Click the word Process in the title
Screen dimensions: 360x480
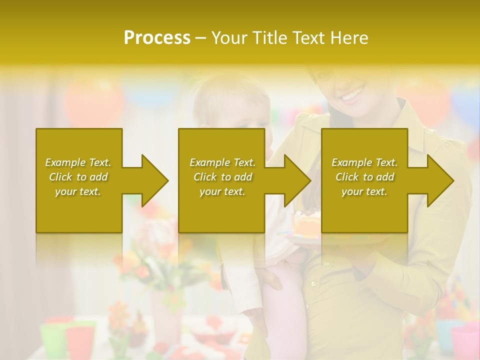pos(157,38)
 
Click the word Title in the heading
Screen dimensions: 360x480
pos(270,38)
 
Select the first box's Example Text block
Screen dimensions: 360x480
pos(78,177)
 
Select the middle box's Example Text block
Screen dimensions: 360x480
pos(222,177)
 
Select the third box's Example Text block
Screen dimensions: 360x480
pos(364,177)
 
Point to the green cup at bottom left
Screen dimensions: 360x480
pos(53,340)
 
